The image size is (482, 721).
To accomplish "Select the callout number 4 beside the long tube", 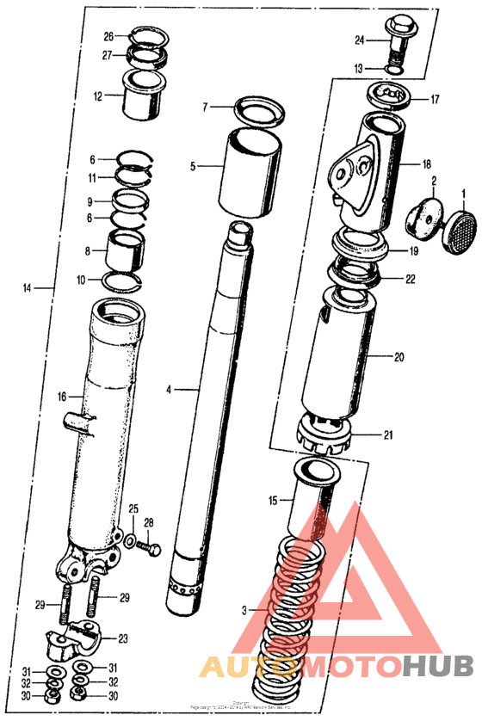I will (x=170, y=390).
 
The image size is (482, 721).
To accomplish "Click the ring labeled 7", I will (x=259, y=109).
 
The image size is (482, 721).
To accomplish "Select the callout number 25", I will (x=133, y=509).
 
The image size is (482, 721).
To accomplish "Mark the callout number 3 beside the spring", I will (x=244, y=610).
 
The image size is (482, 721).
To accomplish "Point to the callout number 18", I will (x=427, y=163).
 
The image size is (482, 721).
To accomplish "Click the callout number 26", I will (x=108, y=36).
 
